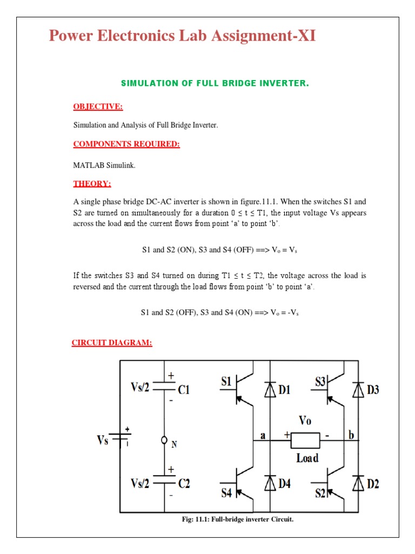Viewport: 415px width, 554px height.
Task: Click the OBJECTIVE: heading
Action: tap(98, 107)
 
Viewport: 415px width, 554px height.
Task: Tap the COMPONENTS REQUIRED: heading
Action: tap(126, 144)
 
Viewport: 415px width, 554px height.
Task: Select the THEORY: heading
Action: tap(92, 183)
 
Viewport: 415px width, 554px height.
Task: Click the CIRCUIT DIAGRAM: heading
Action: tap(112, 342)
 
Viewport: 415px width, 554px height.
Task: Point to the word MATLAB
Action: tap(86, 166)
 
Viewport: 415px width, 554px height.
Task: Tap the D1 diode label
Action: tap(285, 390)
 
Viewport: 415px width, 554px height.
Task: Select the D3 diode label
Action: tap(373, 390)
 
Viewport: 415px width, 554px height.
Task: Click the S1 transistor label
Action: tap(226, 382)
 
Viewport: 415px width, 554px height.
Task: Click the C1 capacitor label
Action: tap(183, 389)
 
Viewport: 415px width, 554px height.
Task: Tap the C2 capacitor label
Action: tap(184, 483)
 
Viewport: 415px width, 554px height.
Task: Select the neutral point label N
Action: tap(174, 444)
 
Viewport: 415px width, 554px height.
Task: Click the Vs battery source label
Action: tap(103, 440)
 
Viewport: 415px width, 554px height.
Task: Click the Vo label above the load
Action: tap(305, 420)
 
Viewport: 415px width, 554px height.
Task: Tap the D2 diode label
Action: tap(373, 483)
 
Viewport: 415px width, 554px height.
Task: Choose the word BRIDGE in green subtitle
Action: tap(234, 83)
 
